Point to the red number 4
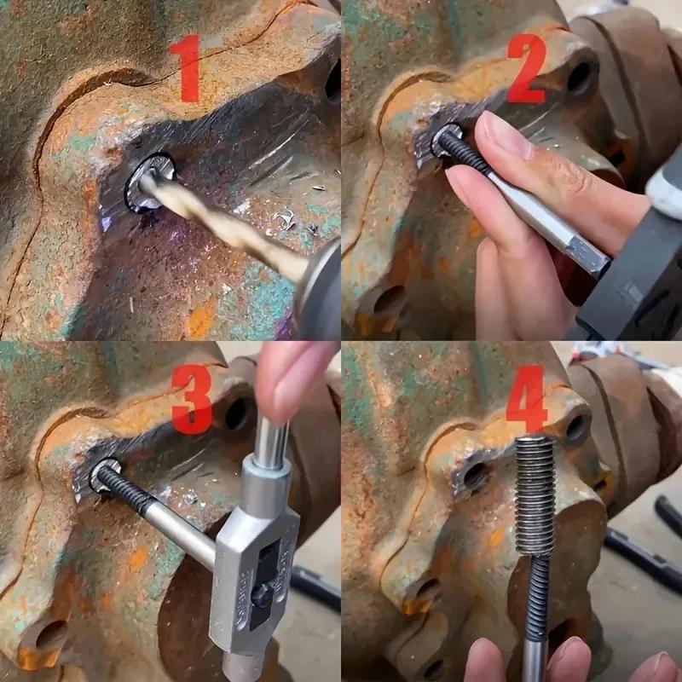point(526,399)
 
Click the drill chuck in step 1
point(320,286)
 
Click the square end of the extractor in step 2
point(588,253)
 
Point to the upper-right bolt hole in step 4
point(576,426)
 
